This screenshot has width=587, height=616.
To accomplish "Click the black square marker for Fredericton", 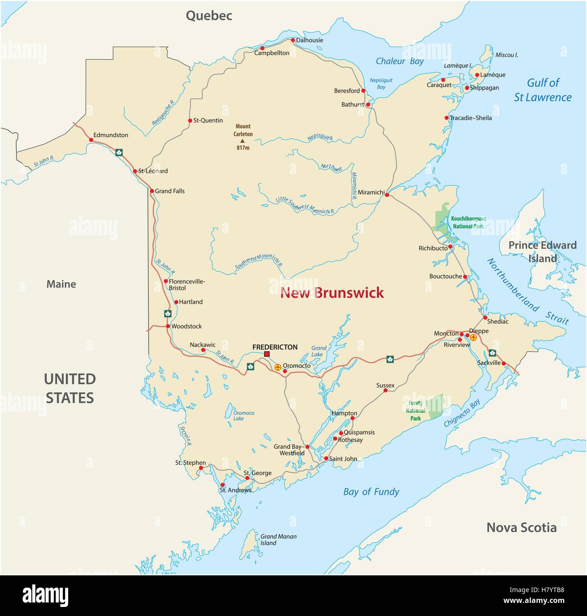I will (267, 354).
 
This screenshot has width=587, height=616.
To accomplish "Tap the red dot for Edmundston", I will (91, 140).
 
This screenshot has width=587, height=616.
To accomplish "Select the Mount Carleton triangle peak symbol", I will (242, 141).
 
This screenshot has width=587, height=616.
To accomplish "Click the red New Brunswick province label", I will (332, 293).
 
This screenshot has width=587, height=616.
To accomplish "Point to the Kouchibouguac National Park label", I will (468, 222).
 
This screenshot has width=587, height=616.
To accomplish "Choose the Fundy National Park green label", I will (415, 411).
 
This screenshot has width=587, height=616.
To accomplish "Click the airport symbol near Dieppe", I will (473, 337).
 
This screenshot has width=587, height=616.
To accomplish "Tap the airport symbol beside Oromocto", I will (278, 367).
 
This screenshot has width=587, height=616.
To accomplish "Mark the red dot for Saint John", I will (326, 459).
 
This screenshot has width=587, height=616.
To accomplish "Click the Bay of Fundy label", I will (371, 492).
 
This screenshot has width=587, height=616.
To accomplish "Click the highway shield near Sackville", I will (492, 353).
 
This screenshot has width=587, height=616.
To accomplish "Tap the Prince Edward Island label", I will (542, 252).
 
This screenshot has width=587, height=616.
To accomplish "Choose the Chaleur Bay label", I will (400, 61).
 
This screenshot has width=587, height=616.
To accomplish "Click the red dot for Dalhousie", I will (293, 40).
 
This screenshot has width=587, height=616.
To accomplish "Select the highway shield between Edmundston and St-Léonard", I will (119, 152).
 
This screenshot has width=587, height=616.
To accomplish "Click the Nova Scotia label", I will (521, 527).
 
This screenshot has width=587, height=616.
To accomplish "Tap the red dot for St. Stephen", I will (200, 468).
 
